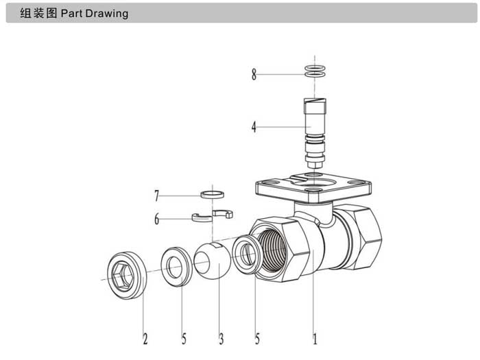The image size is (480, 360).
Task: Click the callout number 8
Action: coord(254,74)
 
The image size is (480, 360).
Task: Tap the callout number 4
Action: coord(254,127)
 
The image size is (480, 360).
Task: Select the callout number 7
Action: coord(157,195)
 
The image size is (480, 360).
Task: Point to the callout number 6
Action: coord(157,219)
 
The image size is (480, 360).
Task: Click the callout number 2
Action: coord(145,339)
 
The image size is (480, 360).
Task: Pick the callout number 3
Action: coord(221,339)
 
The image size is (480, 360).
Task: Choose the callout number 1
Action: coord(315,339)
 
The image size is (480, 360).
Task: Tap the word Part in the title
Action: coord(71,14)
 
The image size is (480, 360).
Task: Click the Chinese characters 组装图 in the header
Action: coord(38,13)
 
